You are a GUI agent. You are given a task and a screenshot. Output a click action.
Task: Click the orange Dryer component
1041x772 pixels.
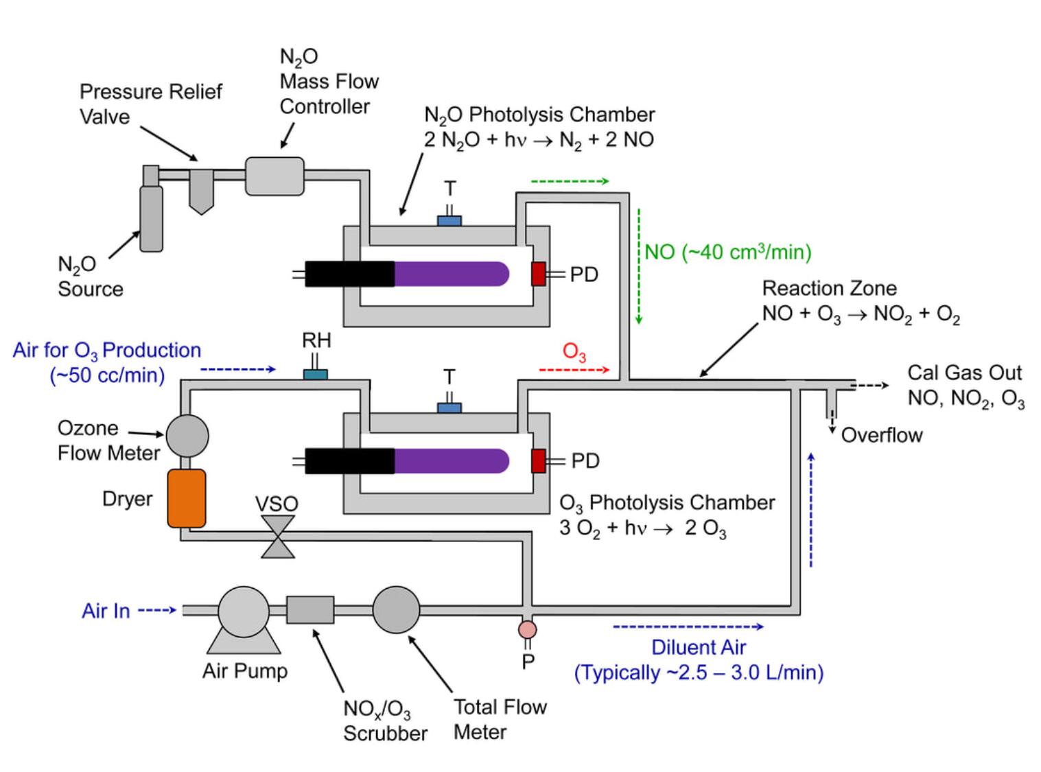[x=187, y=498]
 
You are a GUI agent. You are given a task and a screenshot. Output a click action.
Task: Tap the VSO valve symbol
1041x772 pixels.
[x=278, y=537]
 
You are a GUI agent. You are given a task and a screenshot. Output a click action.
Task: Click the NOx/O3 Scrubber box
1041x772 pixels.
[x=310, y=610]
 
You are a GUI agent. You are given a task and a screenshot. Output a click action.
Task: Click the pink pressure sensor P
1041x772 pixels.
[x=527, y=629]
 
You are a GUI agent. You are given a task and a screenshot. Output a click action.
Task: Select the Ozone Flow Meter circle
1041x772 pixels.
[x=187, y=435]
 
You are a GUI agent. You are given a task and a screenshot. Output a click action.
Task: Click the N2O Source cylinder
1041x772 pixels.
[x=151, y=218]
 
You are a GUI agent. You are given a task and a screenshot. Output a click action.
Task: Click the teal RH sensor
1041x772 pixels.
[x=316, y=375]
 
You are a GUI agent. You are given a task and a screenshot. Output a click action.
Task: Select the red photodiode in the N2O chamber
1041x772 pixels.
[x=539, y=274]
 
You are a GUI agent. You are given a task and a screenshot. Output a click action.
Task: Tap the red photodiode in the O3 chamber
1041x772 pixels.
[x=539, y=460]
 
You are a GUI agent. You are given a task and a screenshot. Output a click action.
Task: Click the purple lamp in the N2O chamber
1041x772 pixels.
[x=452, y=274]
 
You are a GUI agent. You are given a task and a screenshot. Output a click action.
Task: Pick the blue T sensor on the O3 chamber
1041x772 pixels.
[x=449, y=408]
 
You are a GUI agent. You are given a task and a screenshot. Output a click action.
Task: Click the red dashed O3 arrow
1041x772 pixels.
[x=574, y=371]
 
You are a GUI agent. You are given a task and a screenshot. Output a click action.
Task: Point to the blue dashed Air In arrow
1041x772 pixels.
[x=157, y=609]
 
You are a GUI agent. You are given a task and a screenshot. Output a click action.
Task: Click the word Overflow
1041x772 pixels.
[x=882, y=435]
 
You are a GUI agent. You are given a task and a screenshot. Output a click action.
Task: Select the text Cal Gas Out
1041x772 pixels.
[x=964, y=373]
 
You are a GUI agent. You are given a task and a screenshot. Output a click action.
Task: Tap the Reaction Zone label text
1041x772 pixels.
[x=829, y=288]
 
